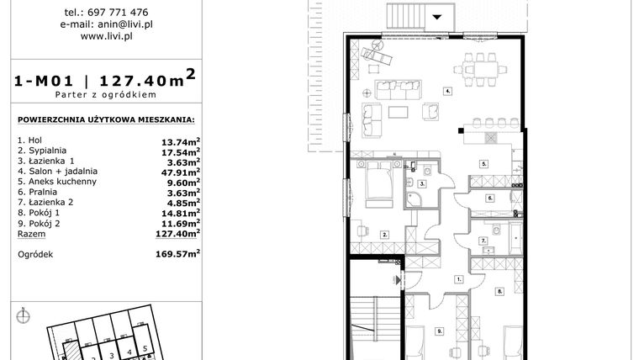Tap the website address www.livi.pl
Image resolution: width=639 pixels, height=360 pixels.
110,36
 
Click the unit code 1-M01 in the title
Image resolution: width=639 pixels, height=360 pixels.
43,82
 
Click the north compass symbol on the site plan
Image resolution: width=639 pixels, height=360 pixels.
24,315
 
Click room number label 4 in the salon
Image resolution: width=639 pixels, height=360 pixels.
449,90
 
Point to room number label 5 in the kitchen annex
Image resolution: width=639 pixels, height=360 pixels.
484,162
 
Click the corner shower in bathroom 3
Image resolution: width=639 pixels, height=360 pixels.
415,199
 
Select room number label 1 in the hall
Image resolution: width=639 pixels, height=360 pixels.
459,278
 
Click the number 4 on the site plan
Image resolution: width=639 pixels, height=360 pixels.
129,352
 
